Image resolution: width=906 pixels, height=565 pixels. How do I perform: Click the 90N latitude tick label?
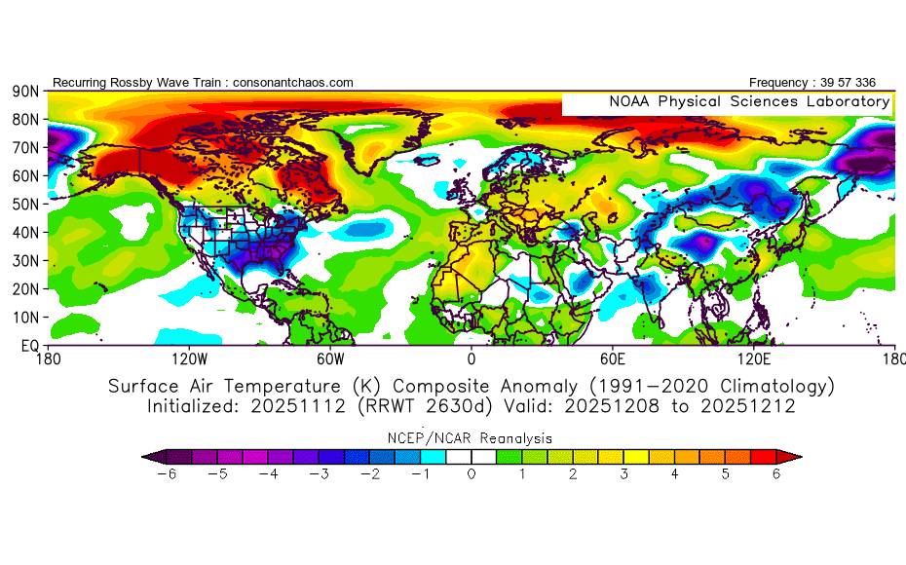[x=25, y=92]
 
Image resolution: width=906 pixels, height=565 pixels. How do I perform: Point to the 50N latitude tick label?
[x=25, y=205]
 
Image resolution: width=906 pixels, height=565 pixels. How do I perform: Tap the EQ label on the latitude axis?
[x=30, y=346]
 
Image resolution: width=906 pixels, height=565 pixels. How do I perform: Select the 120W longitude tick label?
[x=190, y=359]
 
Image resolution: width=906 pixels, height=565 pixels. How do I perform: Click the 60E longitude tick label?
[x=613, y=359]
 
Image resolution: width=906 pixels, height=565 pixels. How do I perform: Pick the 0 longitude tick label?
[x=472, y=359]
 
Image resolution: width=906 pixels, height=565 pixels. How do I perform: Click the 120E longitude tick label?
[x=754, y=359]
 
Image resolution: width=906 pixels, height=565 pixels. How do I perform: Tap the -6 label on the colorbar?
[x=167, y=474]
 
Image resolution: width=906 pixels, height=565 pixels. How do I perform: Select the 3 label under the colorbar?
[x=624, y=474]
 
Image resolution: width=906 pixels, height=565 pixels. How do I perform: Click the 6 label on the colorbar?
[x=776, y=474]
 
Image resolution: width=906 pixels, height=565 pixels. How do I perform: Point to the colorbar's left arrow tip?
[x=142, y=457]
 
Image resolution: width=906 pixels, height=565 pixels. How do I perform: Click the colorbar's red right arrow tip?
[x=802, y=457]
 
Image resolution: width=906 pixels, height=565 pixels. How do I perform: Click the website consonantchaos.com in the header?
[x=293, y=83]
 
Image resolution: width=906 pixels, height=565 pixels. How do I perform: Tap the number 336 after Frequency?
[x=865, y=83]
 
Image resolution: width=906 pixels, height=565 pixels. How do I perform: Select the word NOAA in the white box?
[x=629, y=101]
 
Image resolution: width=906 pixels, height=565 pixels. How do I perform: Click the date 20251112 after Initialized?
[x=298, y=406]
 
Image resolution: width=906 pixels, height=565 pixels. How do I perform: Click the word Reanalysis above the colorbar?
[x=516, y=438]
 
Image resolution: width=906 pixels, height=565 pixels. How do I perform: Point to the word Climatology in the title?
[x=774, y=386]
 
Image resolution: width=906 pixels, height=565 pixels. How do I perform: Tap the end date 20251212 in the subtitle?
[x=748, y=406]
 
